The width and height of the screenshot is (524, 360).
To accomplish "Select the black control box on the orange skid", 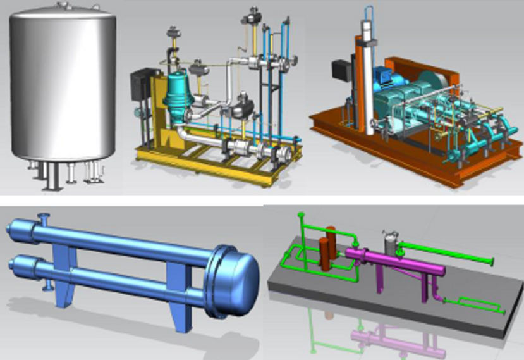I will (341, 70).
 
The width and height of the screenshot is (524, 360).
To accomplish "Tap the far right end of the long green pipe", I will (490, 260).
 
